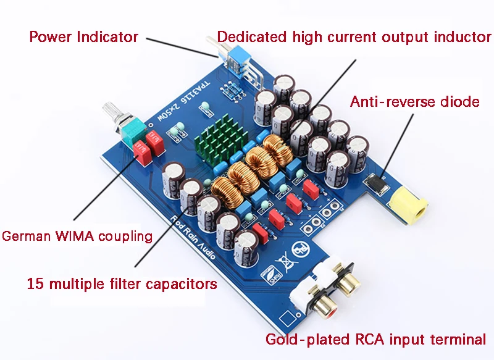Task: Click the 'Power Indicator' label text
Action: click(x=84, y=36)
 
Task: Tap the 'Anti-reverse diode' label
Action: click(x=414, y=102)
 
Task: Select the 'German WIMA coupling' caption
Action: click(x=77, y=237)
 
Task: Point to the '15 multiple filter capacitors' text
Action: click(x=122, y=284)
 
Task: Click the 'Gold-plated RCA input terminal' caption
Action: click(x=375, y=340)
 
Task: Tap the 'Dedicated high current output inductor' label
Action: click(x=354, y=37)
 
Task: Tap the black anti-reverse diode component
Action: click(x=376, y=183)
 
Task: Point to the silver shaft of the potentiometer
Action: click(x=112, y=113)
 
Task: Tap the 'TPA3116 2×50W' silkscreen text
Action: click(x=183, y=102)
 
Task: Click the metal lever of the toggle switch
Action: click(x=215, y=43)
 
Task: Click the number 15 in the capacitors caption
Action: click(x=35, y=283)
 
